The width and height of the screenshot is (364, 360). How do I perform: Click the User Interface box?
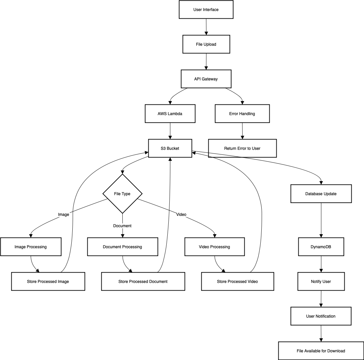coord(206,10)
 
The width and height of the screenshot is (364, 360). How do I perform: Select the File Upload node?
coord(206,44)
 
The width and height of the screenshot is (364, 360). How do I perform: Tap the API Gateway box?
coord(206,79)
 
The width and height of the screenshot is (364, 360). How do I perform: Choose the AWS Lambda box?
coord(170,114)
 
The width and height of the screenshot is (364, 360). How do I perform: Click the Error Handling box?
coord(242,114)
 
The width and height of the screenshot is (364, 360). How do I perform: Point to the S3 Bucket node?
coord(170,148)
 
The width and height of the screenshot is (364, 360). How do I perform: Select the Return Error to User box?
coord(242,148)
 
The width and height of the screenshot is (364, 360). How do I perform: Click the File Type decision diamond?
coord(122,194)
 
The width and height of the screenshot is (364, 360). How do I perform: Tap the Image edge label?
coord(63,215)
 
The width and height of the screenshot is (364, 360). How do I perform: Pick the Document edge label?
coord(122,226)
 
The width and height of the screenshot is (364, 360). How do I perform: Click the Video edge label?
coord(181,215)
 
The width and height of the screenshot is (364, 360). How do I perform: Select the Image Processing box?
coord(31,247)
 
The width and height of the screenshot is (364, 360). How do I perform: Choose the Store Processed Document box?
coord(143,282)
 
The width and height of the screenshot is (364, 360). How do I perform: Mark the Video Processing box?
coord(214,247)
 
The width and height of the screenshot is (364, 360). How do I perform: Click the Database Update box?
coord(321,194)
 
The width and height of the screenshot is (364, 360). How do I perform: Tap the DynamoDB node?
coord(321,247)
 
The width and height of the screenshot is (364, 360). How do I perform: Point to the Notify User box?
coord(321,282)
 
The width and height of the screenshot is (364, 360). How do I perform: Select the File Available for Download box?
coord(321,351)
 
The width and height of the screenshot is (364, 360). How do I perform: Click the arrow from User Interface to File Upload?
coord(206,27)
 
